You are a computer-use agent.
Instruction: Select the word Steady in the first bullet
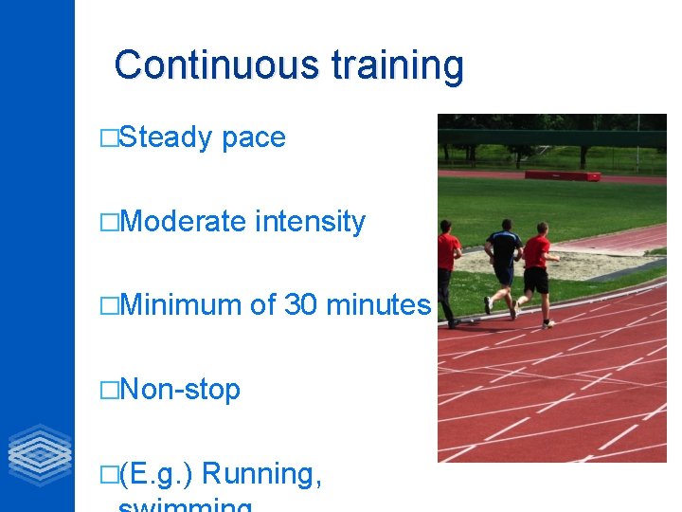pos(167,137)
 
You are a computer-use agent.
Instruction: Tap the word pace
pos(253,138)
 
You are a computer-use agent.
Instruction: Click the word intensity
pos(310,222)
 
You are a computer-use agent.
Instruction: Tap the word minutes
pos(378,305)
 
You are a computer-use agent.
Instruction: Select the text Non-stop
pos(180,390)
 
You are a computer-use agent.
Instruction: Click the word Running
pos(262,473)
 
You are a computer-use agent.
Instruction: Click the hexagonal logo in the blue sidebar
pos(39,455)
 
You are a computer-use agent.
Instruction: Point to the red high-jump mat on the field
pos(563,174)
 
